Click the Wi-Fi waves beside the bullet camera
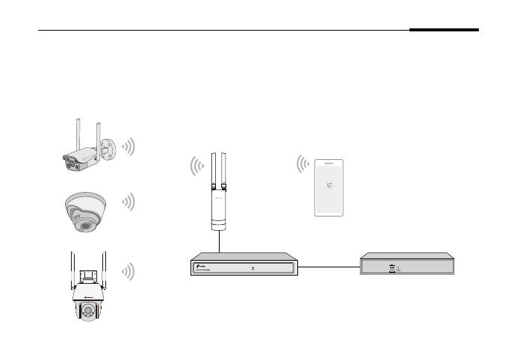point(128,146)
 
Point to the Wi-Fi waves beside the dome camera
point(128,202)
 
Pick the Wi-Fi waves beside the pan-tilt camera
point(128,272)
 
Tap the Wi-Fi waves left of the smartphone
point(303,164)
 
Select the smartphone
point(329,186)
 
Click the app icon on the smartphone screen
point(329,188)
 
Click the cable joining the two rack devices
point(329,266)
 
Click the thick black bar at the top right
point(444,31)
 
